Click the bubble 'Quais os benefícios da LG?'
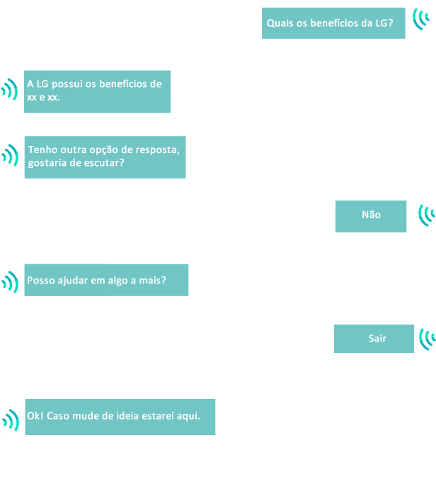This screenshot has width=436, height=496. click(333, 23)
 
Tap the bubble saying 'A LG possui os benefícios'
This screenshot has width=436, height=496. click(97, 91)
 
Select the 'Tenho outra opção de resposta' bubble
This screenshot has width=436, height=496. click(105, 157)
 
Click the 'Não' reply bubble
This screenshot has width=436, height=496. click(371, 215)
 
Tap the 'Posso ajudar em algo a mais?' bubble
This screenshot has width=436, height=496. click(106, 280)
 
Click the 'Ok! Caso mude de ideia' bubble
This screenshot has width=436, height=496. click(120, 416)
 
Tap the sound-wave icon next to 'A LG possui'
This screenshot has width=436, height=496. click(9, 91)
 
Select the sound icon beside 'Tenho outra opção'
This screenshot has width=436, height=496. click(10, 155)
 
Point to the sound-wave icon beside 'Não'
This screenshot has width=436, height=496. click(427, 214)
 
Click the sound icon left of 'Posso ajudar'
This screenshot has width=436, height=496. click(10, 282)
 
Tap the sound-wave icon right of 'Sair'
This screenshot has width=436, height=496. click(428, 338)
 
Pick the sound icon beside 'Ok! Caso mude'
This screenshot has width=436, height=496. click(11, 419)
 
